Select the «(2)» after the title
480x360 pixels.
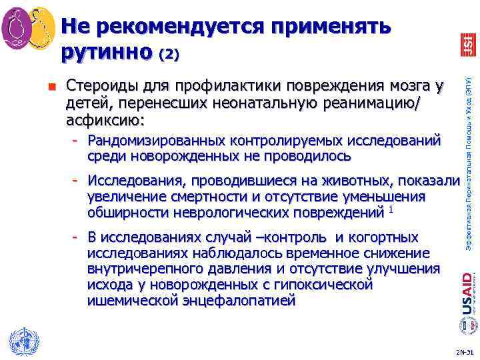click(168, 55)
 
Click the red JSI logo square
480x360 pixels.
click(467, 45)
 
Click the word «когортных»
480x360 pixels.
click(386, 238)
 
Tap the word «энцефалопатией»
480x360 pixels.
click(245, 301)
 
